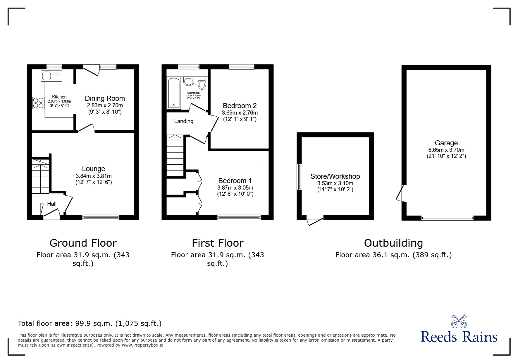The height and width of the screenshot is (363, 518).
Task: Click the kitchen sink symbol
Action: (51, 76)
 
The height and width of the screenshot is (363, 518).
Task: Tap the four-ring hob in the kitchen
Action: (38, 103)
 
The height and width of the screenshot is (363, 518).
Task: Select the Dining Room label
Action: (105, 98)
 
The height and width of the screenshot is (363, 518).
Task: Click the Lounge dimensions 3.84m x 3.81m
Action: (94, 176)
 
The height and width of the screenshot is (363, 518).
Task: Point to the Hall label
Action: (52, 204)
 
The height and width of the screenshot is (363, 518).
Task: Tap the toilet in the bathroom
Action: (202, 83)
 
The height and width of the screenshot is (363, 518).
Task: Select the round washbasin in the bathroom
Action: (189, 81)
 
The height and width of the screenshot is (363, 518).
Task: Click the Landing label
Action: (184, 121)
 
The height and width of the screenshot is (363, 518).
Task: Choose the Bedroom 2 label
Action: (240, 105)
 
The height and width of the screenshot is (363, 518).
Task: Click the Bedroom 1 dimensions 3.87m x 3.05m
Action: (235, 188)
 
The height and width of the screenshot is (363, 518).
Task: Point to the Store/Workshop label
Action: (335, 176)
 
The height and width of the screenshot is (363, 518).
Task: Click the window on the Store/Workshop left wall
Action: (299, 177)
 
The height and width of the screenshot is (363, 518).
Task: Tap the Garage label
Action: (446, 143)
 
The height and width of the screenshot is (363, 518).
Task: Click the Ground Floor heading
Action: (83, 243)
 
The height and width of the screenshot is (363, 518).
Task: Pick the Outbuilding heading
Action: (393, 243)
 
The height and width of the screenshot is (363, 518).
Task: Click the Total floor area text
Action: (90, 323)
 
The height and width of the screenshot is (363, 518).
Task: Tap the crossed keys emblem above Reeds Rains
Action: (459, 321)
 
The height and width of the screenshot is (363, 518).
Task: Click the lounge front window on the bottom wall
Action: (101, 217)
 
